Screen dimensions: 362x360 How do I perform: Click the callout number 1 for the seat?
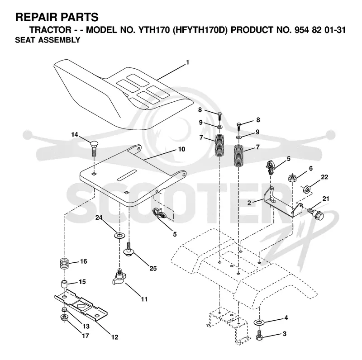(x=188, y=62)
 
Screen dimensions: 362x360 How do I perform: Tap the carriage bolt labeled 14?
(x=94, y=148)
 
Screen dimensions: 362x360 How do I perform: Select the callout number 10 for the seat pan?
(x=182, y=149)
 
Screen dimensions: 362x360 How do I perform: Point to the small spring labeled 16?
(x=64, y=263)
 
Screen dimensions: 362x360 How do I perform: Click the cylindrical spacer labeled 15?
(x=64, y=284)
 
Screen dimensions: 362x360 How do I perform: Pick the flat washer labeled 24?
(x=119, y=236)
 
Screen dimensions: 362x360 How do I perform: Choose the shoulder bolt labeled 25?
(x=129, y=249)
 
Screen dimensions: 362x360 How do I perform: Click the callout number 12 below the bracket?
(x=115, y=337)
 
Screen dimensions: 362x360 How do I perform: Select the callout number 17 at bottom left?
(x=86, y=336)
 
